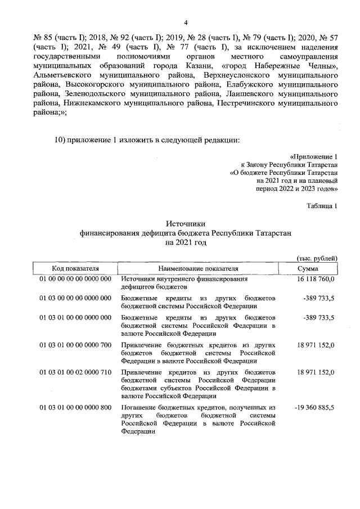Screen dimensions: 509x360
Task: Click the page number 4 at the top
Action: pyautogui.click(x=185, y=22)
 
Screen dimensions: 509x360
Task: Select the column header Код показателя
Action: pyautogui.click(x=75, y=268)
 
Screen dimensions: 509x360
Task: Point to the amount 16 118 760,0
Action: pyautogui.click(x=316, y=279)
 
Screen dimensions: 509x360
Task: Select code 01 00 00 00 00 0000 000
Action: pyautogui.click(x=75, y=279)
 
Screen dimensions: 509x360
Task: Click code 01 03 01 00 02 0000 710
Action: pyautogui.click(x=75, y=372)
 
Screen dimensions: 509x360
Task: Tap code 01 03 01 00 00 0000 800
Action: pyautogui.click(x=75, y=407)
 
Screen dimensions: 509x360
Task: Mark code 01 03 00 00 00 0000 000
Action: pyautogui.click(x=75, y=298)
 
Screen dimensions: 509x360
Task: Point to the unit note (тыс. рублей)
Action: pyautogui.click(x=317, y=258)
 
